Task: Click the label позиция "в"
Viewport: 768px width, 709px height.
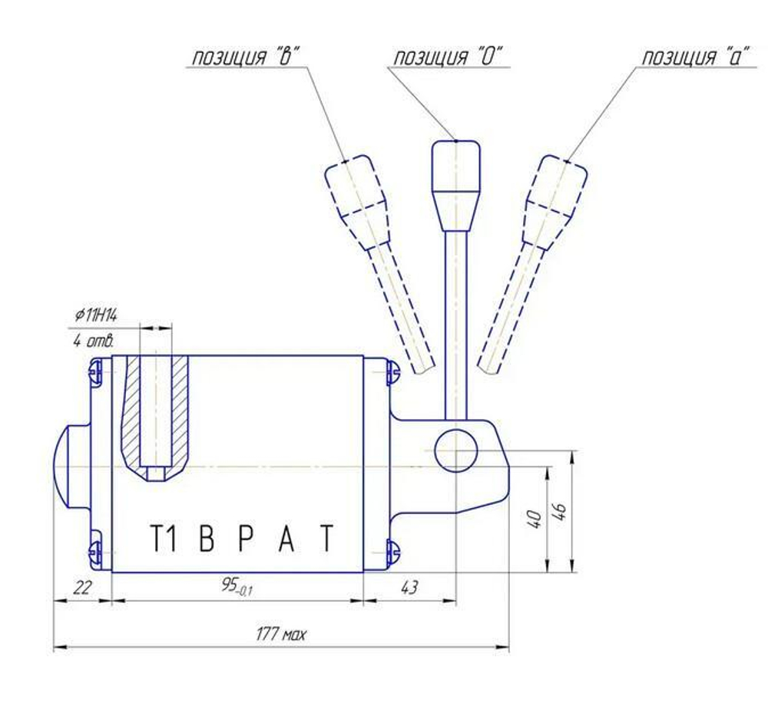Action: (x=245, y=57)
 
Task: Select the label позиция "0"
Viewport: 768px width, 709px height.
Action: (x=449, y=57)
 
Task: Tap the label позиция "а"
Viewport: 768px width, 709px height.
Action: (x=696, y=57)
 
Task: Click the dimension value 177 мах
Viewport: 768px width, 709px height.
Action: (x=281, y=635)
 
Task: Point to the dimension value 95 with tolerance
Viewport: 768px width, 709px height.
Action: (x=237, y=585)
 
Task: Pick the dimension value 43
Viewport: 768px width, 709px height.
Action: (x=409, y=587)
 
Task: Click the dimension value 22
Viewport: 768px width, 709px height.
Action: (x=82, y=587)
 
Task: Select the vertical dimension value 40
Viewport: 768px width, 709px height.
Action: (x=535, y=519)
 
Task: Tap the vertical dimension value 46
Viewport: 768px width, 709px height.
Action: (x=561, y=510)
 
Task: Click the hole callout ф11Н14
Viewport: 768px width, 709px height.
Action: (x=96, y=315)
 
